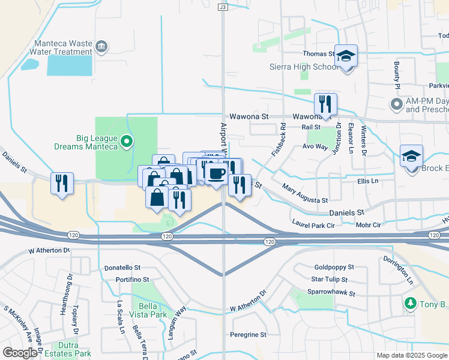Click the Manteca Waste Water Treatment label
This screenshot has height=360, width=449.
[58, 47]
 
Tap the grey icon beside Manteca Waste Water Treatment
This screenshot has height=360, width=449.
[101, 47]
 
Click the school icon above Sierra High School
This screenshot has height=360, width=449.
[346, 56]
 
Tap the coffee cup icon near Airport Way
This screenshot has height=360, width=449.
[216, 173]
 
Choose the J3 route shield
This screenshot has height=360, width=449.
[223, 7]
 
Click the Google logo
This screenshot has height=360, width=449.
[20, 353]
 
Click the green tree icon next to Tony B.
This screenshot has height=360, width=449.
[411, 304]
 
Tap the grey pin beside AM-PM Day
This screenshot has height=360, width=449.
[396, 105]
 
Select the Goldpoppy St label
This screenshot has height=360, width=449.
[334, 267]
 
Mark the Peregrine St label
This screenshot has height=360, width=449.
[248, 334]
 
